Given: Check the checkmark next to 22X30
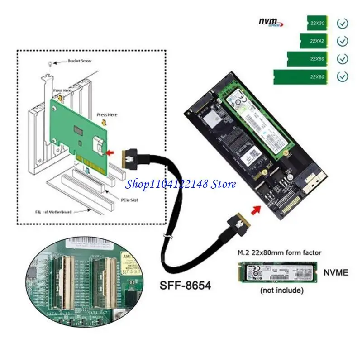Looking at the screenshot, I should coord(343,23).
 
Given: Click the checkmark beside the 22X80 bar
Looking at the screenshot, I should coord(343,77).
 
